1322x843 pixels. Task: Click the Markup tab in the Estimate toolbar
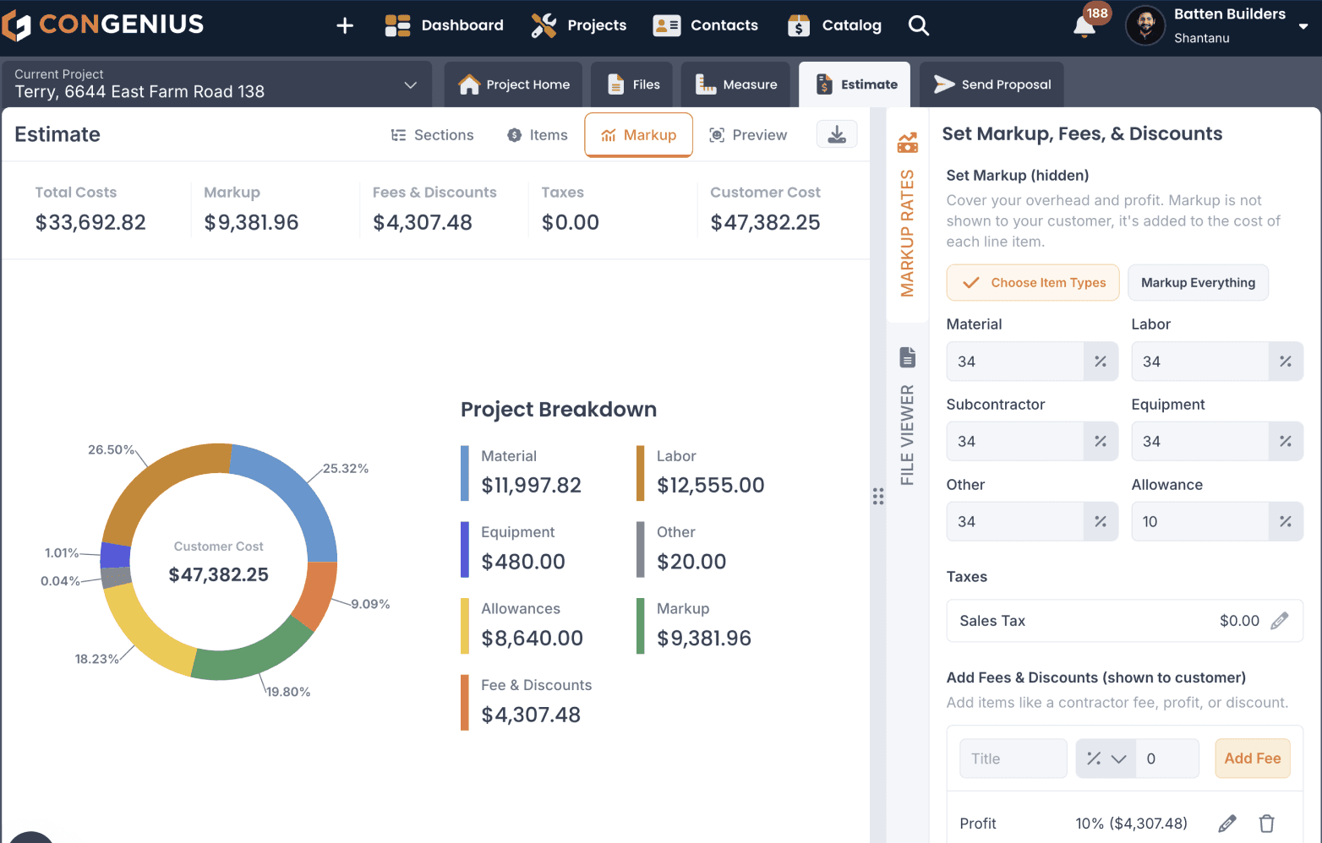[x=638, y=135]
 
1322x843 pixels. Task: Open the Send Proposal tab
[x=991, y=84]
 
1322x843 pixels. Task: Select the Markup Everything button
[x=1198, y=283]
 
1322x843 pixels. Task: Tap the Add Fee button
[x=1253, y=758]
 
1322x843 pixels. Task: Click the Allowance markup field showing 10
[x=1199, y=521]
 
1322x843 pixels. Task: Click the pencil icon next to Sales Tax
[x=1280, y=621]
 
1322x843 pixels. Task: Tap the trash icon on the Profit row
[x=1266, y=823]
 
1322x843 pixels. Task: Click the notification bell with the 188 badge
[x=1084, y=26]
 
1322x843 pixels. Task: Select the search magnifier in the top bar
[x=918, y=25]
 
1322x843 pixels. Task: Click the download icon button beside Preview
[x=836, y=134]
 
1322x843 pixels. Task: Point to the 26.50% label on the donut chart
[x=111, y=449]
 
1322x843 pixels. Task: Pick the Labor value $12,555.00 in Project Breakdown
[x=711, y=485]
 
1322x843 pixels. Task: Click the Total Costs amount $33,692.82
[x=90, y=222]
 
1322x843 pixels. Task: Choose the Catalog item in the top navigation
[x=834, y=25]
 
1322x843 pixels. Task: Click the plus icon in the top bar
[x=345, y=25]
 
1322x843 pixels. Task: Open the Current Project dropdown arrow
[x=410, y=85]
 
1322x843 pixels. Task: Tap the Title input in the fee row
[x=1013, y=758]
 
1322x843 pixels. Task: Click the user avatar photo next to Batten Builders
[x=1145, y=25]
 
